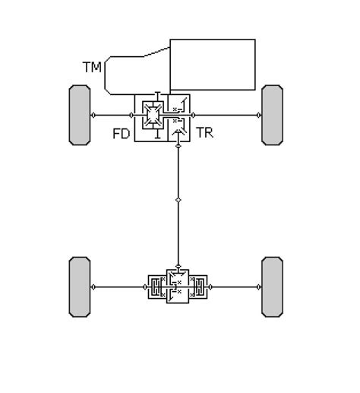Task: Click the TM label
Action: point(92,67)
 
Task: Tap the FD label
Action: point(122,134)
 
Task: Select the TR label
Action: point(204,132)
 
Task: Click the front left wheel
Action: point(80,115)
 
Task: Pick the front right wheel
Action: point(272,115)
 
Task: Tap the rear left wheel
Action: point(80,287)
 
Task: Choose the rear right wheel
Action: point(272,287)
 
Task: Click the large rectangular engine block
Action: point(213,65)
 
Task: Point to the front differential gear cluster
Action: point(153,115)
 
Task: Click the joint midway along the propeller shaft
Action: point(178,200)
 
